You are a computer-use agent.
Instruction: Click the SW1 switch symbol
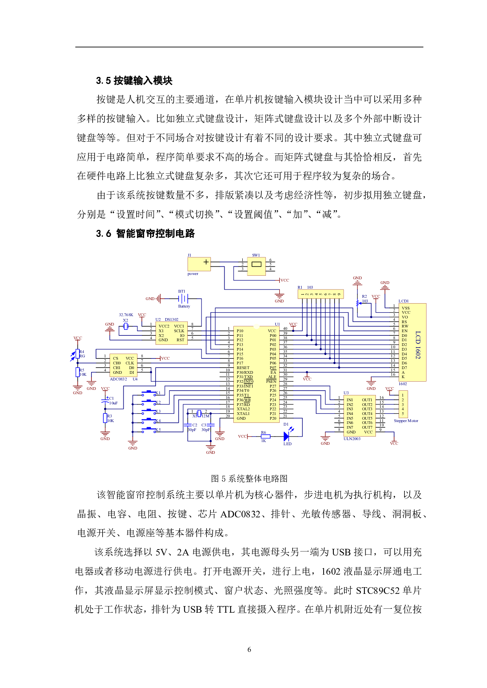click(x=256, y=264)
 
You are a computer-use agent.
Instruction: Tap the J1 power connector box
click(x=199, y=264)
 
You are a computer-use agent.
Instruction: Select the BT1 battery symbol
click(x=183, y=298)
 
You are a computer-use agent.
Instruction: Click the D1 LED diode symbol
click(x=287, y=436)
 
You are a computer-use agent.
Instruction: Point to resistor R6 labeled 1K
click(x=265, y=436)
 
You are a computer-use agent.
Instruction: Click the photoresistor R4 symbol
click(x=77, y=354)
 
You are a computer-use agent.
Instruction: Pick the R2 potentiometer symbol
click(x=357, y=302)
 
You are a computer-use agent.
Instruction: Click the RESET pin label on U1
click(x=243, y=368)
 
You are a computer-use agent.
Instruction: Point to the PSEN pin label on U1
click(x=271, y=381)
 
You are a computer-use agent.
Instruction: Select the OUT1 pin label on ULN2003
click(x=367, y=400)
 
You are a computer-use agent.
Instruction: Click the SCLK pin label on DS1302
click(x=179, y=331)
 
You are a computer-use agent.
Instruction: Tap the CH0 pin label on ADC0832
click(x=117, y=363)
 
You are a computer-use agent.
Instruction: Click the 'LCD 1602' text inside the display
click(x=417, y=344)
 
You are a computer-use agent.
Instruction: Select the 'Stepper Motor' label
click(x=406, y=421)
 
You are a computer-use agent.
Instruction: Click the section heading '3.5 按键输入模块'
click(x=134, y=81)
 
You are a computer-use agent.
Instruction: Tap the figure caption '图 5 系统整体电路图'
click(x=249, y=479)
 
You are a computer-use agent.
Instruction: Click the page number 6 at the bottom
click(x=249, y=650)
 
